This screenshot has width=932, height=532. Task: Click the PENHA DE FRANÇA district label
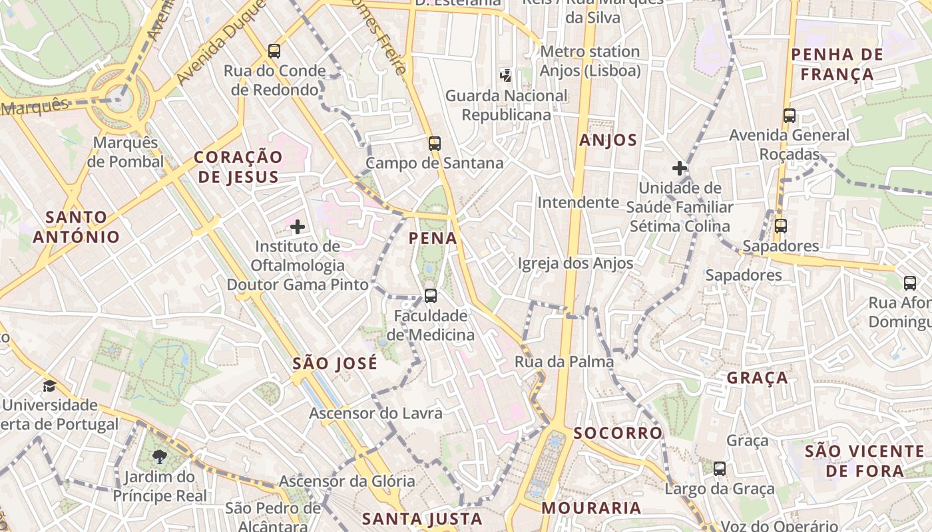click(837, 64)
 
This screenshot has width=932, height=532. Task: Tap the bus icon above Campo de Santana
click(435, 143)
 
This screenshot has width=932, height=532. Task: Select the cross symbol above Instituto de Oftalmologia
click(298, 227)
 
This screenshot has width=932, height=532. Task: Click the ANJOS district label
click(608, 140)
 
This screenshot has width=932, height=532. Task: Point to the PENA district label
click(433, 238)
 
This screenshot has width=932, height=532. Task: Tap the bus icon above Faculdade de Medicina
click(431, 296)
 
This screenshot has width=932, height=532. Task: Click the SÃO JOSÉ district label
click(335, 363)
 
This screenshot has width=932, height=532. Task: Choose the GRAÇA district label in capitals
click(757, 378)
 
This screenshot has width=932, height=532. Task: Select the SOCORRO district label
click(618, 433)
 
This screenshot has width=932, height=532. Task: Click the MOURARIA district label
click(591, 508)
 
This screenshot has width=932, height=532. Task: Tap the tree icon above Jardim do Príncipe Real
click(159, 456)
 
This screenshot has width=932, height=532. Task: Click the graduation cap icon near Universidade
click(49, 386)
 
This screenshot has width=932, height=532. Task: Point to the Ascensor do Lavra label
click(375, 413)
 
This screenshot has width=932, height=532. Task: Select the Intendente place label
click(578, 202)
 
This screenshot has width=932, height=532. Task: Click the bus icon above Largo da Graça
click(720, 469)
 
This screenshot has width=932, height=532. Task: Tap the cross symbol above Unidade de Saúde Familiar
click(679, 168)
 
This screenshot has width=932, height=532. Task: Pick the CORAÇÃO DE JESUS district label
click(238, 167)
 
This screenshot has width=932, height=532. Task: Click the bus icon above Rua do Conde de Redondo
click(274, 51)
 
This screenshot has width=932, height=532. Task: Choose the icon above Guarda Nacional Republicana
click(506, 75)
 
